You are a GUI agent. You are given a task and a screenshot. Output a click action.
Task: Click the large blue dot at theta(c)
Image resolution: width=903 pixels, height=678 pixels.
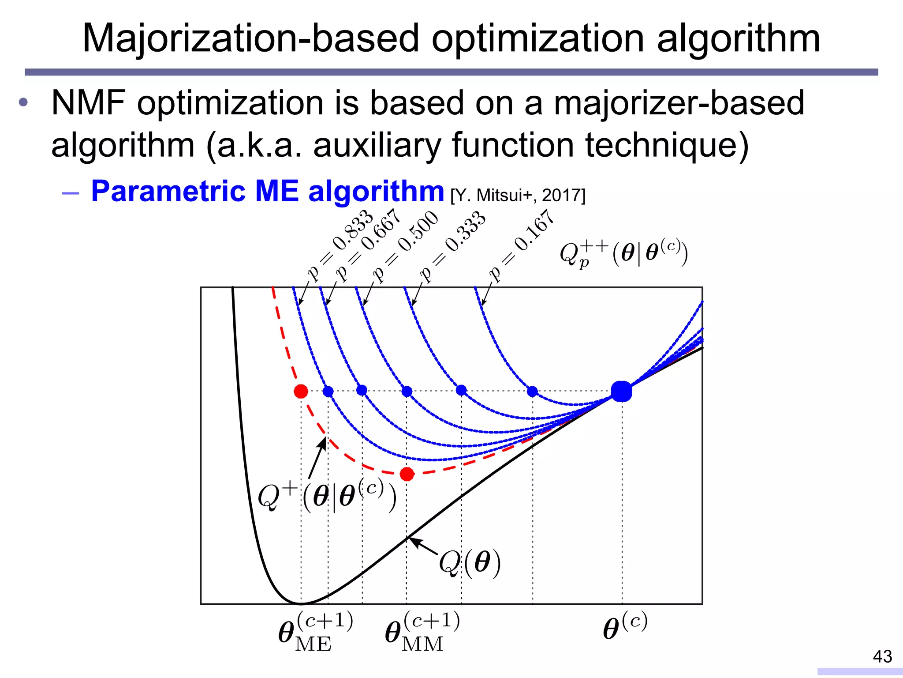click(621, 392)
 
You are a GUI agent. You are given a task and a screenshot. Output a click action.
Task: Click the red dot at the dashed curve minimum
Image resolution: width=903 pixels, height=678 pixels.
click(407, 474)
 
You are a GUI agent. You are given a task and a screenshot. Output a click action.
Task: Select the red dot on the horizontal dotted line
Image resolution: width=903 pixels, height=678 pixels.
click(301, 391)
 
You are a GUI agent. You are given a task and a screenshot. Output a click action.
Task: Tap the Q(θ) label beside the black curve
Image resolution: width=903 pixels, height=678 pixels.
click(470, 563)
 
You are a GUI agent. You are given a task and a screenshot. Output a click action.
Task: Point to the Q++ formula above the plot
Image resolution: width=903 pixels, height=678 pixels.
click(623, 253)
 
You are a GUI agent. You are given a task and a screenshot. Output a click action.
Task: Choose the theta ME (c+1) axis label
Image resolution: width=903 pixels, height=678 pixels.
click(315, 632)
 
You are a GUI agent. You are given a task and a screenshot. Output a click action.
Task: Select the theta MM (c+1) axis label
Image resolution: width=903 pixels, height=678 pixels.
click(422, 632)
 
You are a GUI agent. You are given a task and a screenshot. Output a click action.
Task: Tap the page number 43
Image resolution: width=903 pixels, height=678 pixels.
click(882, 656)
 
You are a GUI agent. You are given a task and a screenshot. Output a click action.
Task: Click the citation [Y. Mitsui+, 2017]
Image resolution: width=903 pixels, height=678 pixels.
click(518, 195)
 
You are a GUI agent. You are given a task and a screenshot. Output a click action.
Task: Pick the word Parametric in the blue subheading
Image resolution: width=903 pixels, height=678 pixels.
click(168, 192)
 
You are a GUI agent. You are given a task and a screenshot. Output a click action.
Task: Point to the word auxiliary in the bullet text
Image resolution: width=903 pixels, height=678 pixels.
click(377, 146)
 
